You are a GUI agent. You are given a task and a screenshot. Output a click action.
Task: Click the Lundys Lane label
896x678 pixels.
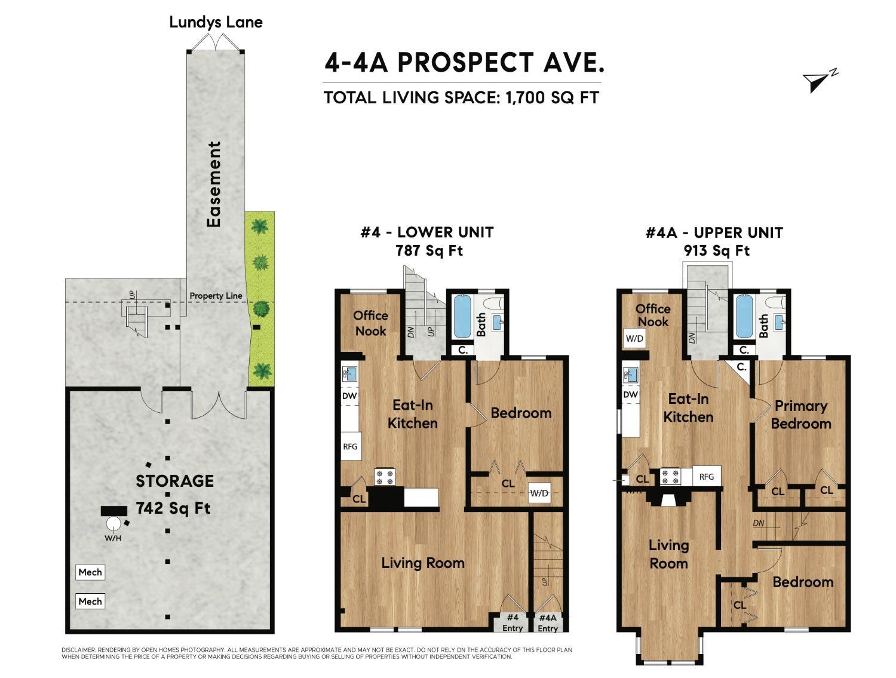(216, 22)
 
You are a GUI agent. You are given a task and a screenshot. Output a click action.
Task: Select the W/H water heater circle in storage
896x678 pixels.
(113, 523)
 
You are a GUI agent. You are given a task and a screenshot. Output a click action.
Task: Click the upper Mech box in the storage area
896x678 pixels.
(90, 572)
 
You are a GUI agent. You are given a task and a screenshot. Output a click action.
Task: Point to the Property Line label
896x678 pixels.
(216, 296)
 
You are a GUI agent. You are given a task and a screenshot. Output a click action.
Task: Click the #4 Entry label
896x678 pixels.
(513, 622)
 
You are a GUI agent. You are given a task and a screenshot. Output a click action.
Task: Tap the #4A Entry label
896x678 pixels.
(547, 623)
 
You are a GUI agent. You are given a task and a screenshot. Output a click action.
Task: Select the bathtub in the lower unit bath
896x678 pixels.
(462, 315)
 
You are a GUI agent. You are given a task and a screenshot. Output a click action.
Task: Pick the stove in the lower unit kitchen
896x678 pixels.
(385, 477)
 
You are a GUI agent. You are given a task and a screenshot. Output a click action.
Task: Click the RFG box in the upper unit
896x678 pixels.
(707, 476)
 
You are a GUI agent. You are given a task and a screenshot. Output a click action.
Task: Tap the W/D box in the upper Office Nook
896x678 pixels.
(634, 338)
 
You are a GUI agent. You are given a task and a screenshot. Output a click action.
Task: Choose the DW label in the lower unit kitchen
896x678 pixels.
(349, 395)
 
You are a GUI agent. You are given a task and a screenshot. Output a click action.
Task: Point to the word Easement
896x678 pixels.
(214, 184)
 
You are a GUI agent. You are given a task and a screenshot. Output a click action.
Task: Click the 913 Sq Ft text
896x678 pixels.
(717, 250)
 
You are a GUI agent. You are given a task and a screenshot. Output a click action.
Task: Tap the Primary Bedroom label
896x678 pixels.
(801, 415)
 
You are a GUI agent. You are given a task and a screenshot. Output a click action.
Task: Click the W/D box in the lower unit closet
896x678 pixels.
(539, 493)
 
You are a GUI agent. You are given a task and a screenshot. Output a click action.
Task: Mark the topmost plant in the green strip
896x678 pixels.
(259, 226)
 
